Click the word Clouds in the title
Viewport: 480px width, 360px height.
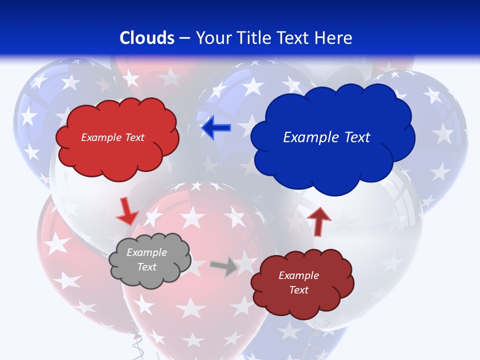coord(147,38)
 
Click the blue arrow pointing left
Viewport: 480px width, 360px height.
coord(216,128)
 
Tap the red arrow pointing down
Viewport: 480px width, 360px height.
coord(127,211)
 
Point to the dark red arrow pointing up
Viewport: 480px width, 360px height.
coord(318,221)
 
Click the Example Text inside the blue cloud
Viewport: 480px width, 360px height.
coord(326,137)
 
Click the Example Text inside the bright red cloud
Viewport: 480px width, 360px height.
coord(112,137)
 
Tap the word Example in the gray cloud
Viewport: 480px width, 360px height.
coord(146,252)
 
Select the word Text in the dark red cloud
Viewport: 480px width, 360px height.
coord(298,290)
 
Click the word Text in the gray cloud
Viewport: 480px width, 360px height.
coord(146,267)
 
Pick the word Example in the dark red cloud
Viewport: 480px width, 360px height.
coord(298,275)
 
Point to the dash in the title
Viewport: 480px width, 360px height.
coord(184,38)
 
